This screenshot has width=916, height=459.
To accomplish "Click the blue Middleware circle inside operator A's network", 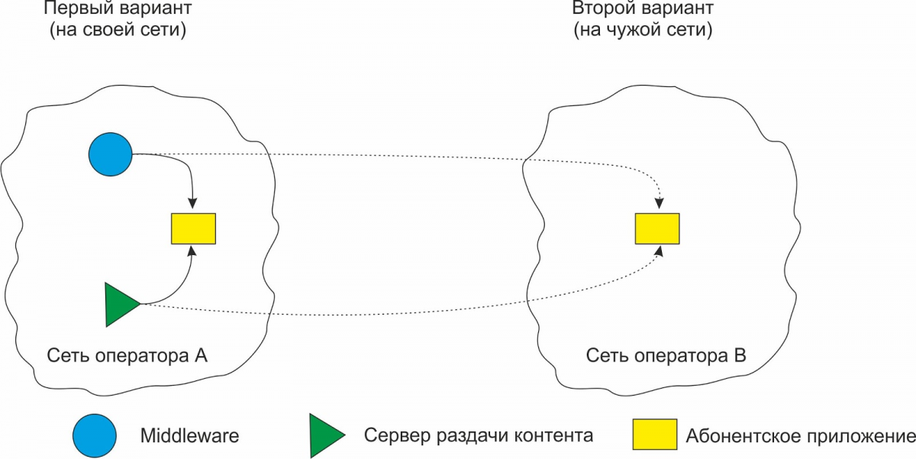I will click(111, 154).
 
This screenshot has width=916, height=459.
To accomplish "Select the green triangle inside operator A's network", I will click(119, 304).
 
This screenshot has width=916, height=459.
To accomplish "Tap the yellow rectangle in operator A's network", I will click(193, 228).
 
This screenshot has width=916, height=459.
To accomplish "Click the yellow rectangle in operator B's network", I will click(657, 228).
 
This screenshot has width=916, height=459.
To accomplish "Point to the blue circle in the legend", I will click(95, 436).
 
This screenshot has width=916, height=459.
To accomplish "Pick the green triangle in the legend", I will click(327, 436).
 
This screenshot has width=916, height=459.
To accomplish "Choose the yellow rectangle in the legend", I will click(654, 435).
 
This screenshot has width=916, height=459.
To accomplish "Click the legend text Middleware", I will click(189, 437).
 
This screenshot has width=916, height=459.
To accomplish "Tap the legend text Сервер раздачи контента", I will click(479, 436).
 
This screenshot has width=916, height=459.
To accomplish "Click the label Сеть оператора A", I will click(127, 356).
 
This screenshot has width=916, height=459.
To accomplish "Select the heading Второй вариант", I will click(643, 10).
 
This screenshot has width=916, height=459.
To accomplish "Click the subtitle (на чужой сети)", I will click(643, 31).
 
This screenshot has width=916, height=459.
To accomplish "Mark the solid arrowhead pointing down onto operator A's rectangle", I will click(192, 205).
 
